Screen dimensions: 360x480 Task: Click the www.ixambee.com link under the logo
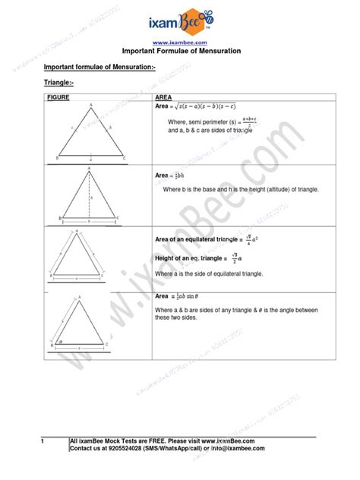coord(181,43)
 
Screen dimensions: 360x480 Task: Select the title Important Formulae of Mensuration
coord(181,51)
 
